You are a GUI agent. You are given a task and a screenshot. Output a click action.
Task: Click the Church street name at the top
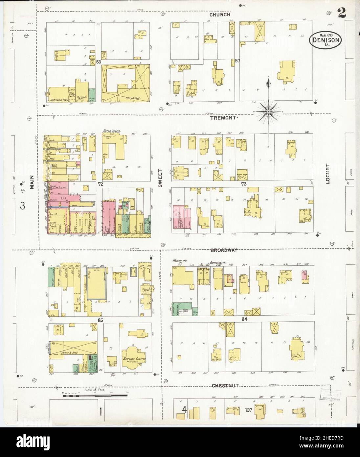tap(221, 15)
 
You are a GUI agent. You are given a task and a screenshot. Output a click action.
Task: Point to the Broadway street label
tap(224, 250)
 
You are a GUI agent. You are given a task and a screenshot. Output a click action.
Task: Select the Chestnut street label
tap(225, 385)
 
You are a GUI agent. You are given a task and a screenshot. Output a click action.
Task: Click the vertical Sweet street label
tap(161, 178)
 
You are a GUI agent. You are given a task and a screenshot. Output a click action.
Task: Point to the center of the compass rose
tap(268, 112)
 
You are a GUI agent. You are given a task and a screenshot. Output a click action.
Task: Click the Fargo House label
tap(111, 131)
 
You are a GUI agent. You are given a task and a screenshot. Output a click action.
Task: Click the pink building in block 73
tap(182, 217)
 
